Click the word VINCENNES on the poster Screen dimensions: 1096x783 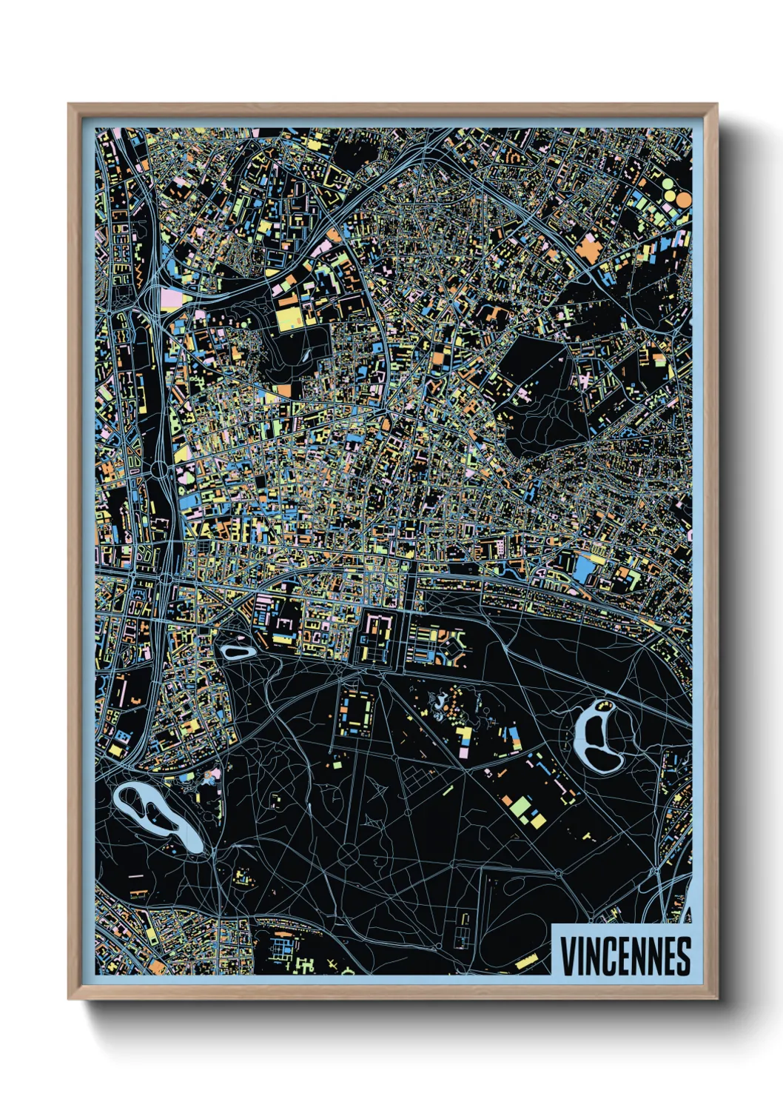(625, 956)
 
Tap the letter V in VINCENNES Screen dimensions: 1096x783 (568, 956)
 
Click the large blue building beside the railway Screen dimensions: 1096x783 (584, 567)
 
